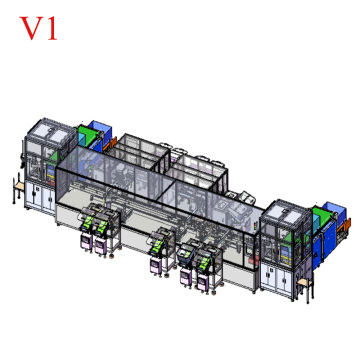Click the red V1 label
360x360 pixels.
pyautogui.click(x=38, y=29)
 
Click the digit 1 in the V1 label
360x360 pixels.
pyautogui.click(x=50, y=29)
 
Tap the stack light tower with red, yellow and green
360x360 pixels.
pyautogui.click(x=255, y=227)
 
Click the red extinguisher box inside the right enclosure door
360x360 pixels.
pyautogui.click(x=255, y=261)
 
